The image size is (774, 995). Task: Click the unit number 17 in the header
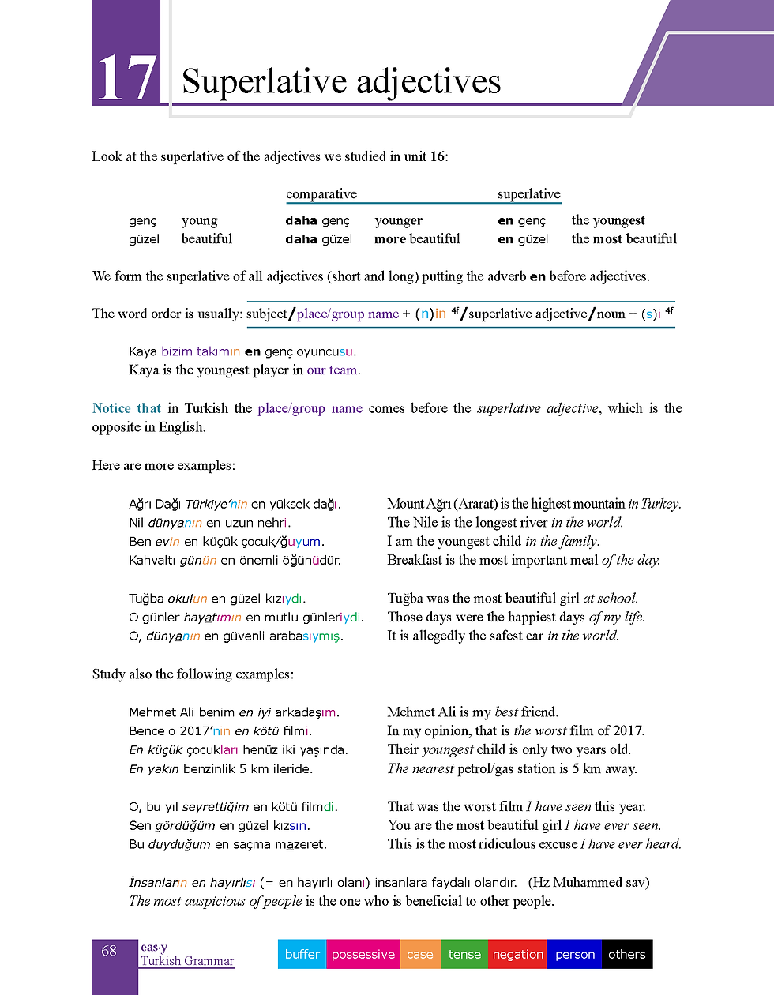tap(126, 78)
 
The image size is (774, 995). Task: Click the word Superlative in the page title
tap(265, 81)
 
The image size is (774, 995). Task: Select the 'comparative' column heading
tap(321, 194)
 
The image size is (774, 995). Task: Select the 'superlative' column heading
tap(528, 194)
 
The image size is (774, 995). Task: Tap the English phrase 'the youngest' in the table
tap(607, 220)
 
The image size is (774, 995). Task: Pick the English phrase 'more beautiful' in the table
tap(417, 239)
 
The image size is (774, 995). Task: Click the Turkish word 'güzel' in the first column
tap(144, 239)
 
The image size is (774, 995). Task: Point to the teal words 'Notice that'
tap(126, 408)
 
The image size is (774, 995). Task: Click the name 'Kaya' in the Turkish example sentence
tap(143, 351)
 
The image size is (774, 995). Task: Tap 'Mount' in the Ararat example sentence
tap(405, 504)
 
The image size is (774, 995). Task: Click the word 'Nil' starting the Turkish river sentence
tap(137, 523)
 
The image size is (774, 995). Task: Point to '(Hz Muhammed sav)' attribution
tap(588, 883)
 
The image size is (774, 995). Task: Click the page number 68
tap(109, 951)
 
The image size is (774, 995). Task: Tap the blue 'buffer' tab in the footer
tap(302, 954)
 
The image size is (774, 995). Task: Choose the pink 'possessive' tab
tap(363, 954)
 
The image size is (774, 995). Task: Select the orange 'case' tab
tap(419, 954)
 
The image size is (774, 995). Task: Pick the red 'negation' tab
tap(517, 954)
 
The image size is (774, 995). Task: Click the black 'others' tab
tap(626, 954)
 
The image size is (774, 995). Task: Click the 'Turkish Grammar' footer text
tap(187, 961)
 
